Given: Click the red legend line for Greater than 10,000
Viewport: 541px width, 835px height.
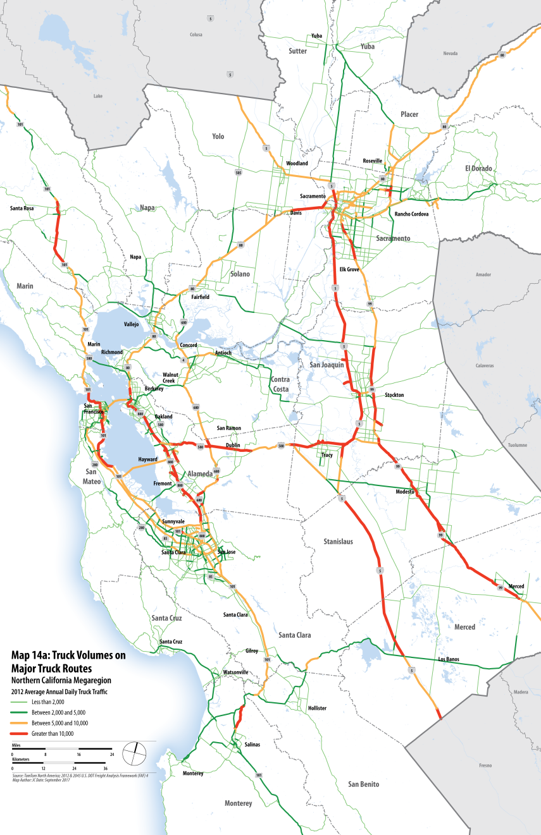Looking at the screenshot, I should [20, 734].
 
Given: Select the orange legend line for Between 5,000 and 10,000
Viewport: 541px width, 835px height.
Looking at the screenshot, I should [20, 722].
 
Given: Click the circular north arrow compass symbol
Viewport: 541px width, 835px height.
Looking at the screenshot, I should [135, 752].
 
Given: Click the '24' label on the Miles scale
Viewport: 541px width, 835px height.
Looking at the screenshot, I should [112, 755].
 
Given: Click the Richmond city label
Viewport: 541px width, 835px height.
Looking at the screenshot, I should [110, 352].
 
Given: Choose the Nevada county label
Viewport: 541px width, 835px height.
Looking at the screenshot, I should [450, 54].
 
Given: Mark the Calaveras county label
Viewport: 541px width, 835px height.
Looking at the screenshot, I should [484, 366].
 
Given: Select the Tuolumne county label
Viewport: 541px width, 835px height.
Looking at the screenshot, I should [518, 445].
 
